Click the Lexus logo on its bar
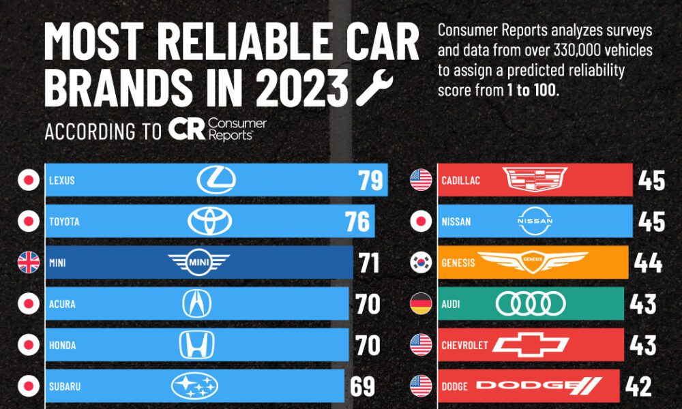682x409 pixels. point(216,180)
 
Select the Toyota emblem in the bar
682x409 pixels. point(210,222)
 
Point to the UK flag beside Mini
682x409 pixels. point(28,263)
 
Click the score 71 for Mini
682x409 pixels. point(369,263)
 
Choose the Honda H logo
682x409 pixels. point(196,346)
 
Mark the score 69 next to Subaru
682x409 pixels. point(362,387)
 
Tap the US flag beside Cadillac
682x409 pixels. point(421,181)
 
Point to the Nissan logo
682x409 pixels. point(535,222)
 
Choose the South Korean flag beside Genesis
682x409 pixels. point(421,263)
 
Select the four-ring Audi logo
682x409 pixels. point(531,304)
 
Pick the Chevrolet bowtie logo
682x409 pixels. point(531,346)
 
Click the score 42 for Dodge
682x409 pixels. point(638,387)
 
